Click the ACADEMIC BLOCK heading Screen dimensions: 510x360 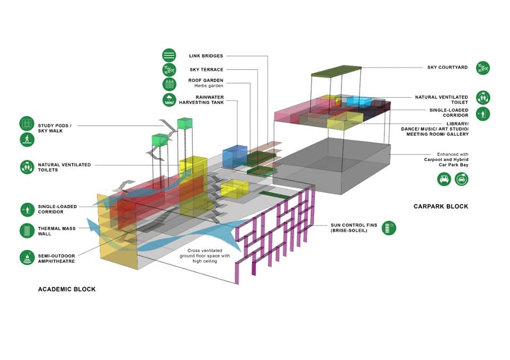click(67, 289)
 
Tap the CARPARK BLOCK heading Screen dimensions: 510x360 click(441, 206)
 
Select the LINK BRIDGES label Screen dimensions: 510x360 click(206, 56)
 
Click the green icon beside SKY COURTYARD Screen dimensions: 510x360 click(483, 68)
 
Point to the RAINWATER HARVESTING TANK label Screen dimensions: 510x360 click(201, 100)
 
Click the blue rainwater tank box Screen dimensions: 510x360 click(235, 157)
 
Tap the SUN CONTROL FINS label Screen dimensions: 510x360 click(354, 228)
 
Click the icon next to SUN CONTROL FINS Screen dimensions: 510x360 click(389, 228)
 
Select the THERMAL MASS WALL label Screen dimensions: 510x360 click(57, 231)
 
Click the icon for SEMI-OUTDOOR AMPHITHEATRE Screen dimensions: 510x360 click(27, 257)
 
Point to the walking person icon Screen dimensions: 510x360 click(27, 140)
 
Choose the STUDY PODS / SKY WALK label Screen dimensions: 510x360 click(55, 128)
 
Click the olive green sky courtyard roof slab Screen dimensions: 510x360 click(336, 71)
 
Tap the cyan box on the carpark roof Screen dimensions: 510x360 click(359, 101)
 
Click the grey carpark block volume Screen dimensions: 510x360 click(331, 166)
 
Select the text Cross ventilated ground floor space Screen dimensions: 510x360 click(205, 253)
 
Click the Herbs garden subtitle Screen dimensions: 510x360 click(209, 86)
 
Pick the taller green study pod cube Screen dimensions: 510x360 click(185, 123)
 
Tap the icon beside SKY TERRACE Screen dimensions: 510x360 click(169, 70)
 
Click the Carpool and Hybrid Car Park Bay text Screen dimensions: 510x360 click(446, 162)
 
